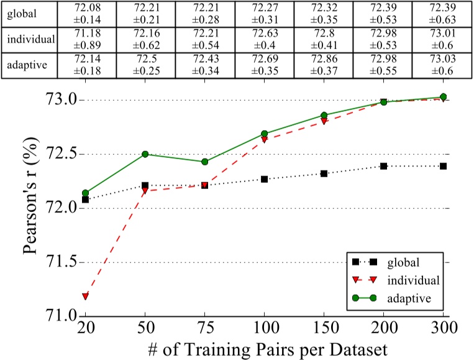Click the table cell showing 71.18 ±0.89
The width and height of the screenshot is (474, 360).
click(x=86, y=40)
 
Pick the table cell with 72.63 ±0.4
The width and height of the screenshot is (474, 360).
click(x=265, y=40)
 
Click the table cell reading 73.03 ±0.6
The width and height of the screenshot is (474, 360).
click(x=444, y=67)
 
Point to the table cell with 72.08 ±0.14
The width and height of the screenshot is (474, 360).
click(x=86, y=12)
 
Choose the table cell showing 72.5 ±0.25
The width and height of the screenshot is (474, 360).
click(x=145, y=67)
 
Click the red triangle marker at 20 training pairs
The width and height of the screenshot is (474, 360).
click(x=85, y=296)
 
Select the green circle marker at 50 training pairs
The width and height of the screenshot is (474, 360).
click(x=145, y=154)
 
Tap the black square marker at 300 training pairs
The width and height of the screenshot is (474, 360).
click(x=444, y=166)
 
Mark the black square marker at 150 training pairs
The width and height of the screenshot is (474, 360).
click(x=324, y=173)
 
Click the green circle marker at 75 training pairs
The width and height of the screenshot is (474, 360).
click(x=204, y=162)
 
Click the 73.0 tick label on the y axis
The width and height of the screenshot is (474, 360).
click(x=61, y=99)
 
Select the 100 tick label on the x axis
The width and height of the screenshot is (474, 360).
click(x=264, y=327)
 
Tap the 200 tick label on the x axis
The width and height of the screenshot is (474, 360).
click(x=384, y=327)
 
